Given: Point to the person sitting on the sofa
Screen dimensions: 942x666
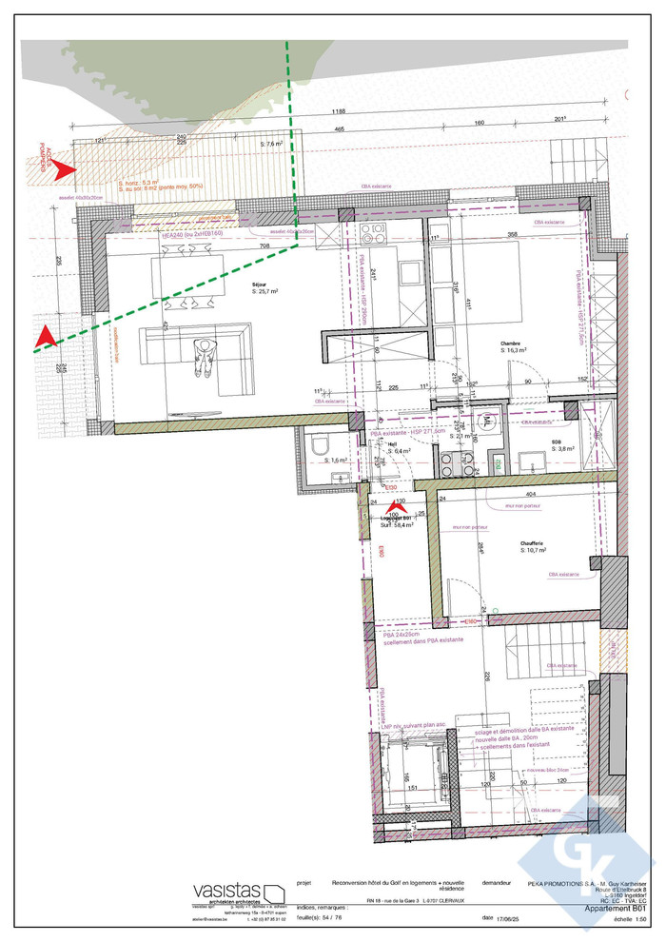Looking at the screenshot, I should click(204, 359).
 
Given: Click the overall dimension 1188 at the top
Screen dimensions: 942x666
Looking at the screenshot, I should click(338, 111).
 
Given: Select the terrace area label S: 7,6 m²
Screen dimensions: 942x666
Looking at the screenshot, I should click(272, 144).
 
